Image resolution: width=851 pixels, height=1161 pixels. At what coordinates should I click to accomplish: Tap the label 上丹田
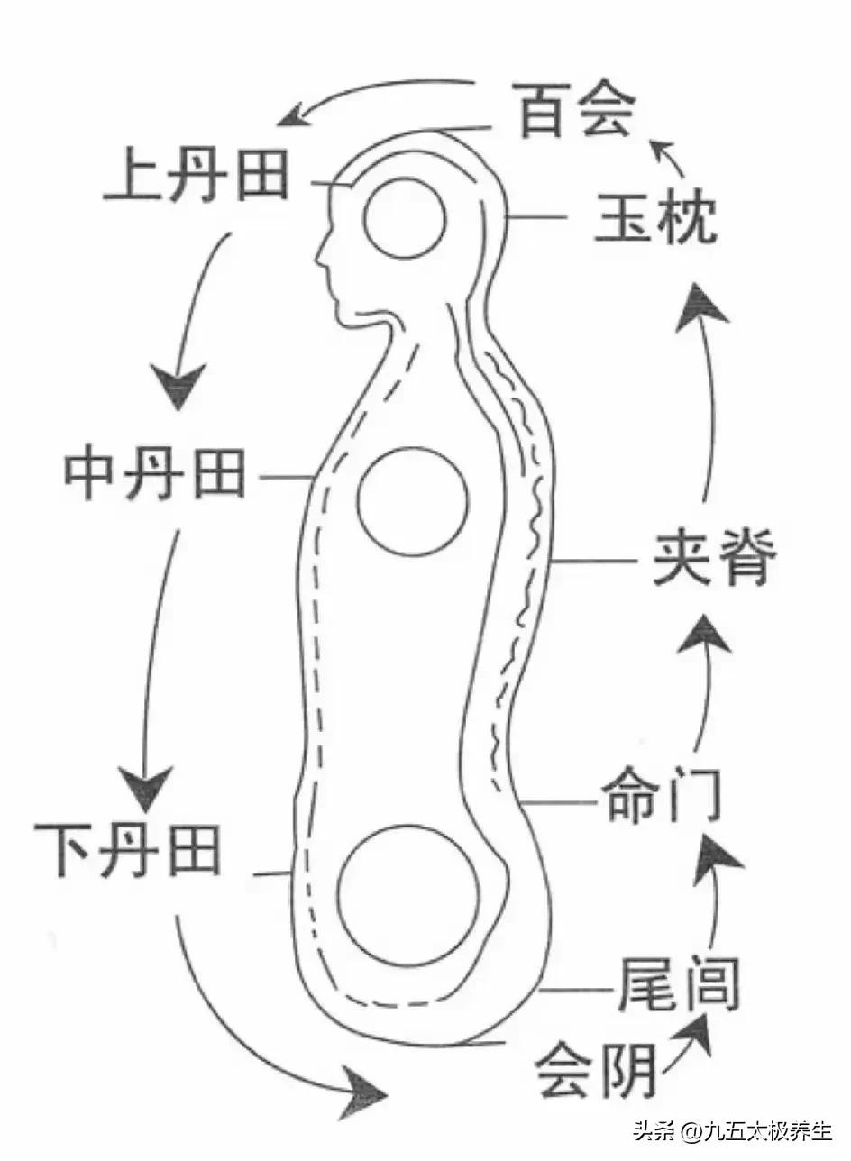click(196, 177)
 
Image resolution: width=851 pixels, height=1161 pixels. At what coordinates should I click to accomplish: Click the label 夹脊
click(712, 561)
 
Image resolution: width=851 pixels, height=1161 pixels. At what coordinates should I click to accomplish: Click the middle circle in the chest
click(413, 500)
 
